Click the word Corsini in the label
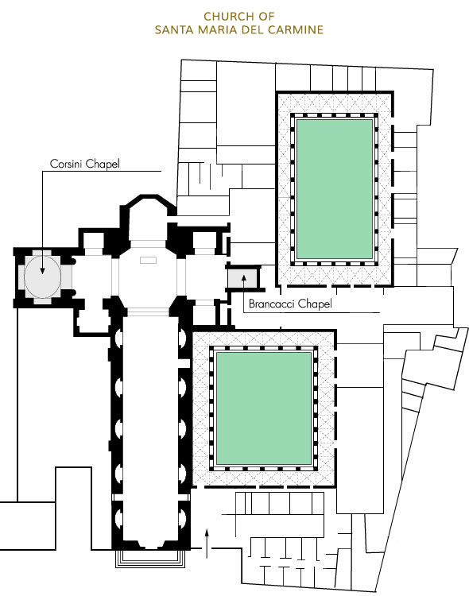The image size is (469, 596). point(66,164)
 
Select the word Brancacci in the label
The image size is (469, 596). point(272,304)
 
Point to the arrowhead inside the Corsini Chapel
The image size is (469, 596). point(42,271)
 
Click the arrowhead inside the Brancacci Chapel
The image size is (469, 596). point(244,277)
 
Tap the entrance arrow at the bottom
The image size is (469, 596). point(207,543)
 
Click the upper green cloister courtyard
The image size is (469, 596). point(335,189)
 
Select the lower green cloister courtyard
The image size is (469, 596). point(264,408)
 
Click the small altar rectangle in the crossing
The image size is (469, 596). point(148,261)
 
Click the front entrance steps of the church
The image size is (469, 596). point(150,559)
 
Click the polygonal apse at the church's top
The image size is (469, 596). point(148,218)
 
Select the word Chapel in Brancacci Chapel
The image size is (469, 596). point(315,304)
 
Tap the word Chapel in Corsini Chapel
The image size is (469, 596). point(103,164)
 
